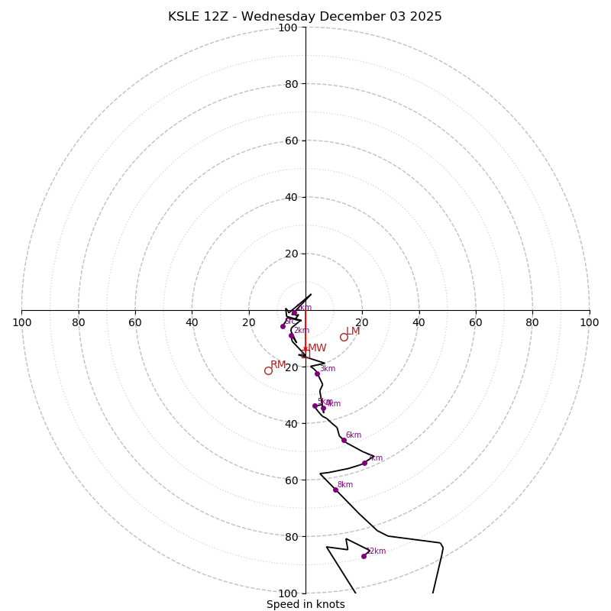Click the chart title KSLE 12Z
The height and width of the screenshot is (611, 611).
(x=305, y=17)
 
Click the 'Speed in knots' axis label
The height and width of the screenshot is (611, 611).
(x=305, y=604)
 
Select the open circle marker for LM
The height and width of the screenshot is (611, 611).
(x=344, y=337)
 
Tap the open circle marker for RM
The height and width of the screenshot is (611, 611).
(x=268, y=370)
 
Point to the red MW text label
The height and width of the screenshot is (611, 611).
(x=317, y=348)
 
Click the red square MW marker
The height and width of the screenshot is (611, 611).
(x=306, y=354)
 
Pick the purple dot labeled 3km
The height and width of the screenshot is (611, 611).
(x=317, y=373)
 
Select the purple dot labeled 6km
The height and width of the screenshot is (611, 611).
(x=344, y=440)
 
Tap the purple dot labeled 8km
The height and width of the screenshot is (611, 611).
(x=335, y=490)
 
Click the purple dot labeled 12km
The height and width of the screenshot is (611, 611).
(x=364, y=556)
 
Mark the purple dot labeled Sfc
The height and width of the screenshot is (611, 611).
(x=283, y=326)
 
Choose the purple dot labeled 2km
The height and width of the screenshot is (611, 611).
(x=291, y=335)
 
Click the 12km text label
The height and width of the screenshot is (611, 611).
(x=376, y=551)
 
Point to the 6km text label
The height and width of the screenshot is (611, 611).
(x=353, y=435)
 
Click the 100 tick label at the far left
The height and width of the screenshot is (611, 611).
(x=21, y=322)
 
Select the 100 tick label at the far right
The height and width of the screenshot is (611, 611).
(x=589, y=322)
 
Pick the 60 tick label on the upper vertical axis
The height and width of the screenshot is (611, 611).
(x=291, y=141)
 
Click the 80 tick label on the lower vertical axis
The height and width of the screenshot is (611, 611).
(x=291, y=537)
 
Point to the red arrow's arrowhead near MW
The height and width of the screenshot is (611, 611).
(x=305, y=348)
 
